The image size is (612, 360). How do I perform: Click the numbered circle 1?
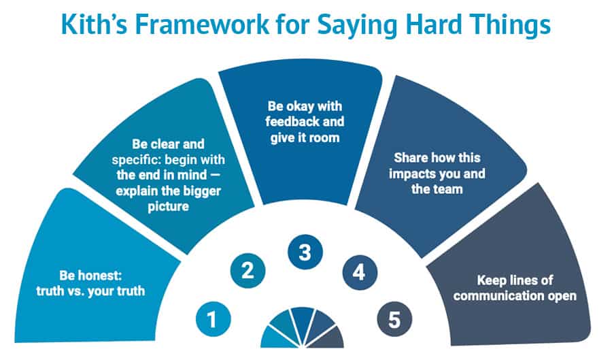click(x=213, y=319)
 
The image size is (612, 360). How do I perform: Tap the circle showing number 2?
click(x=248, y=271)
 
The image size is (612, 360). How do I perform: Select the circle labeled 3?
click(x=305, y=252)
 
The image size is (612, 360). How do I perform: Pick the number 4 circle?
click(x=360, y=272)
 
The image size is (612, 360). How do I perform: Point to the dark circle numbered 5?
click(x=394, y=319)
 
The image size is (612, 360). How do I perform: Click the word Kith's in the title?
click(x=94, y=24)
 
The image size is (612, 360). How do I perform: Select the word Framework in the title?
click(x=202, y=24)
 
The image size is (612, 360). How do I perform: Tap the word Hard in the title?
click(x=434, y=24)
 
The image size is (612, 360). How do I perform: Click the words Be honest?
click(x=90, y=275)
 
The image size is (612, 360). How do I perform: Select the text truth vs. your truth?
click(x=90, y=291)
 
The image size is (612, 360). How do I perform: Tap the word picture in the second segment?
click(x=168, y=206)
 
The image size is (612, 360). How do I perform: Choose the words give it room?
click(x=305, y=138)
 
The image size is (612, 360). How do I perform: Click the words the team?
click(x=437, y=189)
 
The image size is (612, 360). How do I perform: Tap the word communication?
click(x=499, y=295)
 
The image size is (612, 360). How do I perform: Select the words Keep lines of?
click(x=515, y=280)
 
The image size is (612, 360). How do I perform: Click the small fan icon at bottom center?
click(x=302, y=327)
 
